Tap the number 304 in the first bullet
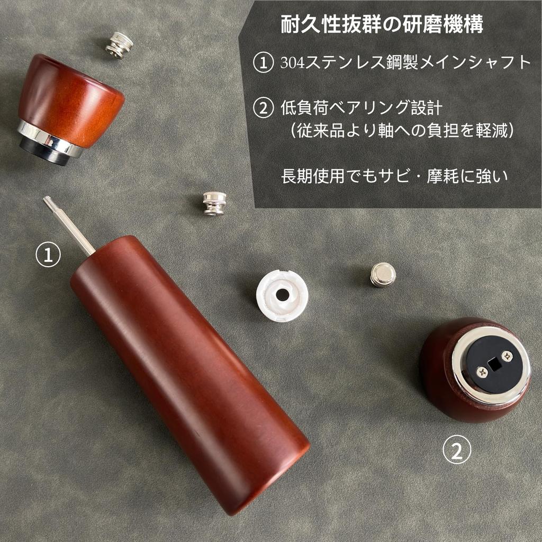[x=292, y=63]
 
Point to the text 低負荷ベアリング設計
[x=361, y=108]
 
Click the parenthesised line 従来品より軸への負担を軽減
[x=402, y=130]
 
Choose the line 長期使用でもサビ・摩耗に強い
[x=394, y=176]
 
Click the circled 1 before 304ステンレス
[x=264, y=63]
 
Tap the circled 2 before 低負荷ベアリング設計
[x=264, y=108]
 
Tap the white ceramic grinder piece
[x=282, y=295]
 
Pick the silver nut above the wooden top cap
[x=119, y=44]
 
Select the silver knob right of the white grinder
[x=383, y=274]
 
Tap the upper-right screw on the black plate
[x=507, y=356]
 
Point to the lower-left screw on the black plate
[x=482, y=372]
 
